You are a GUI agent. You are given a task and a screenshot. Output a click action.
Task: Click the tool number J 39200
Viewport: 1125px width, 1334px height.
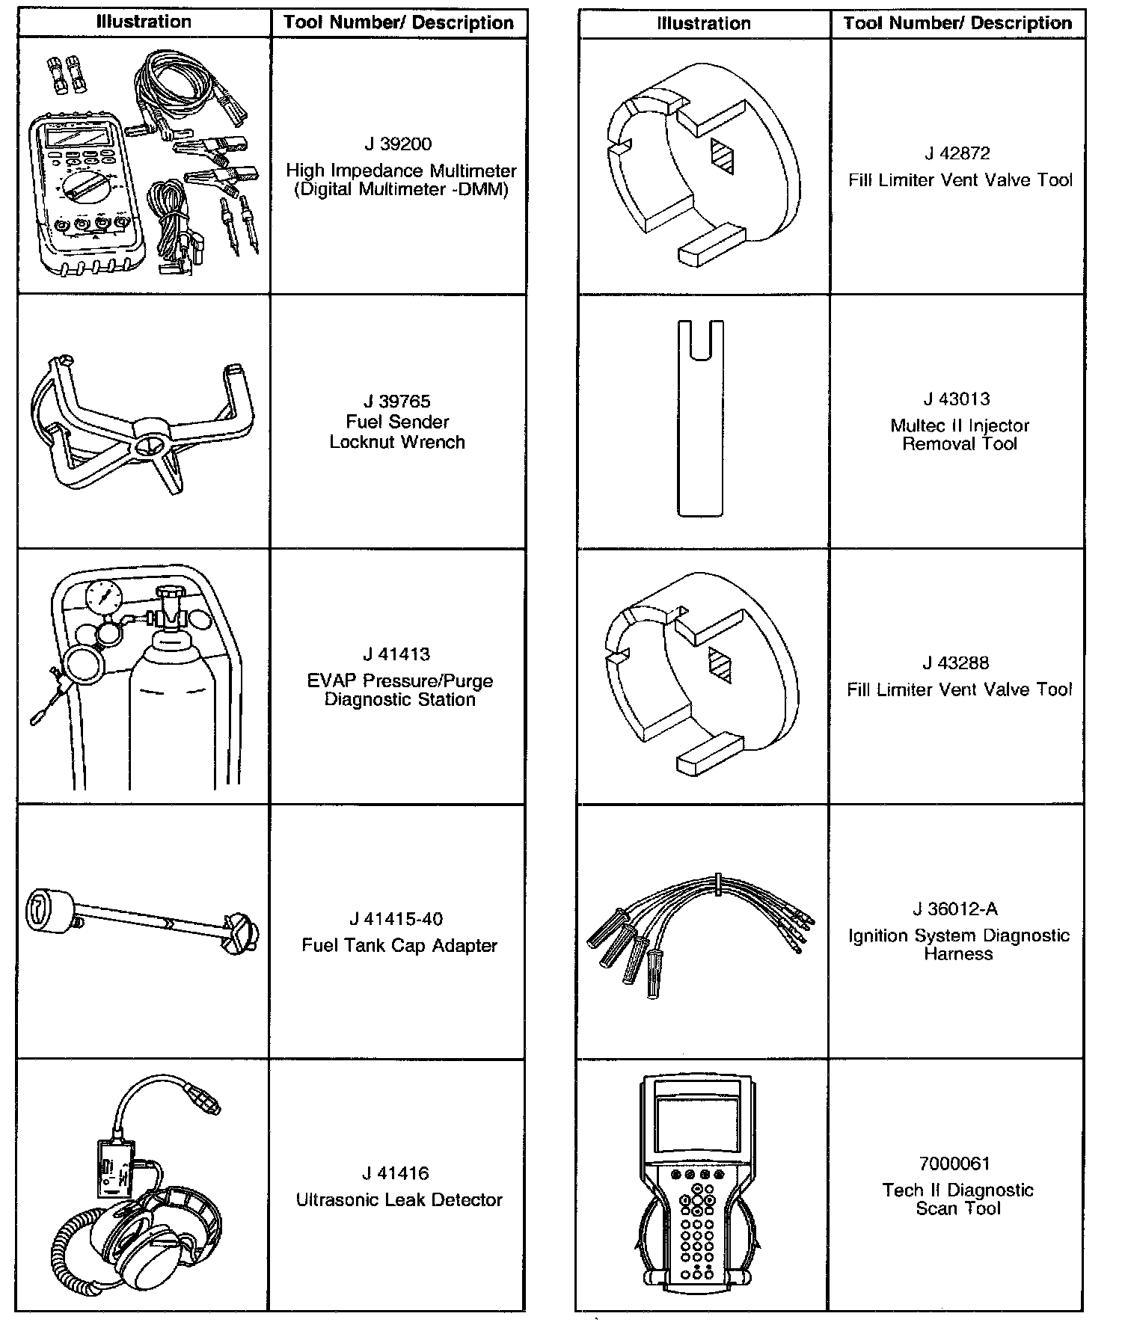[x=397, y=144]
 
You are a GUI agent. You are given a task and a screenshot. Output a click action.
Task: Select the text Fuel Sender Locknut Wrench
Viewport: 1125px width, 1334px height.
[x=397, y=431]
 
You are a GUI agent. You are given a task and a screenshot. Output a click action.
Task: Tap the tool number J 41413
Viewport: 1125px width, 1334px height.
[x=397, y=655]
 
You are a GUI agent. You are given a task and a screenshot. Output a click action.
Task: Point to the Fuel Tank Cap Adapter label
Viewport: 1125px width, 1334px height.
[x=399, y=946]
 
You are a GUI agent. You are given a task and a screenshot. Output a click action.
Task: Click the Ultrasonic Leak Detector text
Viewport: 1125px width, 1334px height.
[x=399, y=1200]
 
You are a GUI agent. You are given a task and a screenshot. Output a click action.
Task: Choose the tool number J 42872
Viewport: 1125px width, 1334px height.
[x=957, y=154]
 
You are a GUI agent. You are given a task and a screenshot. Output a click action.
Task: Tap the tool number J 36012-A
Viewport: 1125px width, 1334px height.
[x=955, y=909]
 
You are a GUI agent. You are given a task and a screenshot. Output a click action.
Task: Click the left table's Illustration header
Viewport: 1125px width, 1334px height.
[x=144, y=22]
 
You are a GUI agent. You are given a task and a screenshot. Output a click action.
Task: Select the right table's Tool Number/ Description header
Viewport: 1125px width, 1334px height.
[x=957, y=23]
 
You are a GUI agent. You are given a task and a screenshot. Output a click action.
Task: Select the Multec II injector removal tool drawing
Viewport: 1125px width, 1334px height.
[x=700, y=419]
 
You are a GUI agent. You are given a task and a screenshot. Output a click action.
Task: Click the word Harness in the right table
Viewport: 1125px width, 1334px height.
[x=957, y=954]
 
